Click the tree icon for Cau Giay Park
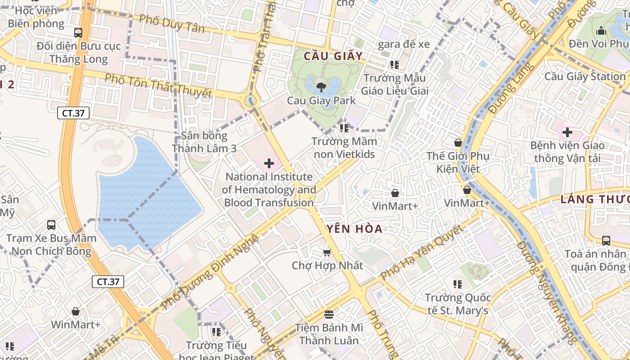[321, 86]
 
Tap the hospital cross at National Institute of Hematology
[269, 163]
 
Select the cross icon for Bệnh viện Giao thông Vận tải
[567, 132]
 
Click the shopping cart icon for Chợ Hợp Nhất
[327, 252]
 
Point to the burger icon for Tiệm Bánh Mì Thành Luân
[329, 314]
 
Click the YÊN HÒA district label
[355, 229]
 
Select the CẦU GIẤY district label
[333, 56]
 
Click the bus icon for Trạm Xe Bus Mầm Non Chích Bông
[51, 225]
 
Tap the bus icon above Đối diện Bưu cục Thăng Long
[78, 32]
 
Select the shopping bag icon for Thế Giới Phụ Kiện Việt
[458, 143]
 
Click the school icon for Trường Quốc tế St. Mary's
[458, 284]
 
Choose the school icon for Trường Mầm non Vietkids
[344, 128]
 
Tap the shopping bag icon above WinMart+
[76, 311]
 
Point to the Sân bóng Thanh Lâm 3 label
[204, 142]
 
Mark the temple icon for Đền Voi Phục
[601, 31]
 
